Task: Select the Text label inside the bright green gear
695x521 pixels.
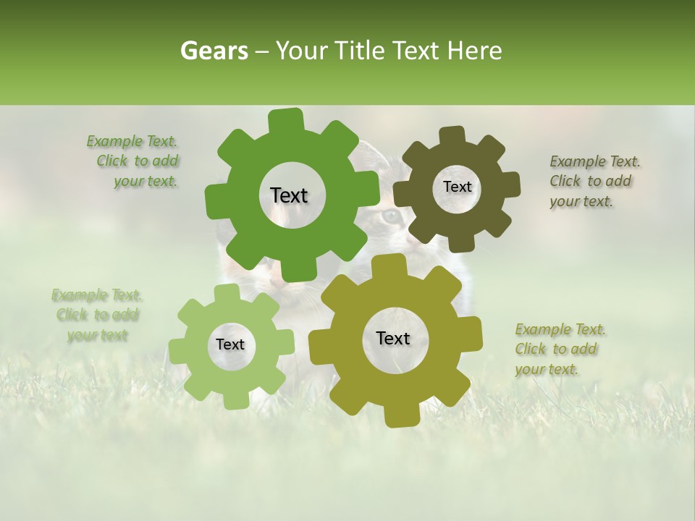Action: (x=289, y=195)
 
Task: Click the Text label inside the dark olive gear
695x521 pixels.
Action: (x=457, y=187)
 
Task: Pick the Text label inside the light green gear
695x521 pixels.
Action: (x=230, y=345)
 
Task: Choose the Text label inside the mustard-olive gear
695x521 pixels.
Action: (x=393, y=338)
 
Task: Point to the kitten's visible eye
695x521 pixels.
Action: (x=390, y=216)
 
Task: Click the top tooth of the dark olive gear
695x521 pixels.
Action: (x=453, y=136)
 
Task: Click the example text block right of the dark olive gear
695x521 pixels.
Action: (x=594, y=181)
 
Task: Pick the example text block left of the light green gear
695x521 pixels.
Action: (x=96, y=315)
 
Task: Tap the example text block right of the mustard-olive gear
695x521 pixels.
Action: (x=559, y=349)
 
